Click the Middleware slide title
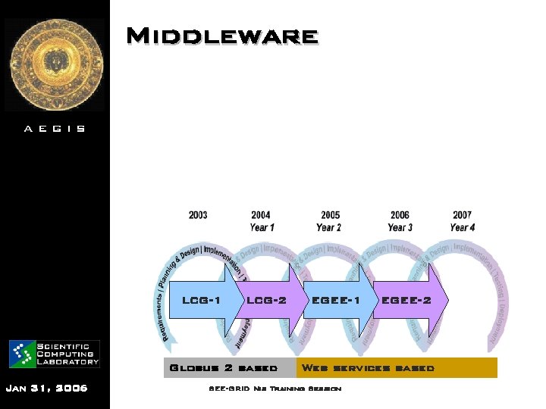pos(221,36)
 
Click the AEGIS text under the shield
pos(55,129)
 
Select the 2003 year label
pos(198,216)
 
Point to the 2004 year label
pos(261,216)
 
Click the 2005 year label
pos(330,216)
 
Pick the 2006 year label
pos(400,216)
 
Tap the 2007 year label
pos(463,216)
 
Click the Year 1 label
pos(262,227)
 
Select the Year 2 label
pos(329,227)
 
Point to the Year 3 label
pos(400,227)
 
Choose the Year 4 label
pos(463,227)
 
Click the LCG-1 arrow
pos(202,300)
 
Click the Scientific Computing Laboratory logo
pos(55,353)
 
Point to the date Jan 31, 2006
pos(46,389)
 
